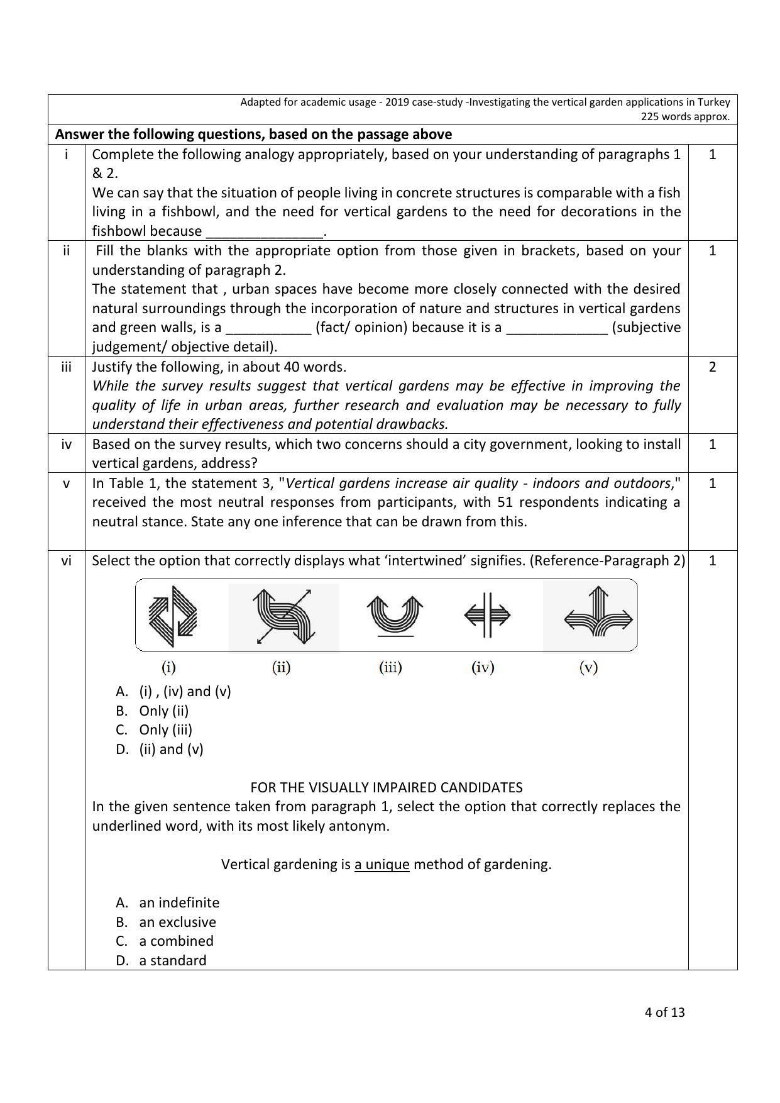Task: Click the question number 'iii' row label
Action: click(66, 367)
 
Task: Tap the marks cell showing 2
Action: click(712, 367)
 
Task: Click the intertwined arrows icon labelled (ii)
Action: click(283, 616)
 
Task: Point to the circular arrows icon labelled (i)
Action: click(172, 616)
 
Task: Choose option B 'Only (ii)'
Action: click(163, 711)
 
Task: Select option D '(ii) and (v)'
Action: click(171, 749)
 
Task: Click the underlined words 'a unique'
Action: click(382, 864)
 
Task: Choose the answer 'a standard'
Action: click(173, 960)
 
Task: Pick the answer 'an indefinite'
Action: click(179, 902)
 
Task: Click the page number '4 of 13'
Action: click(664, 1012)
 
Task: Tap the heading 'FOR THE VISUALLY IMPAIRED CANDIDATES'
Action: click(386, 787)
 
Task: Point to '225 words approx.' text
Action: click(685, 116)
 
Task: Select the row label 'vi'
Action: click(66, 560)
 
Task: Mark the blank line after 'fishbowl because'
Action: click(263, 232)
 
